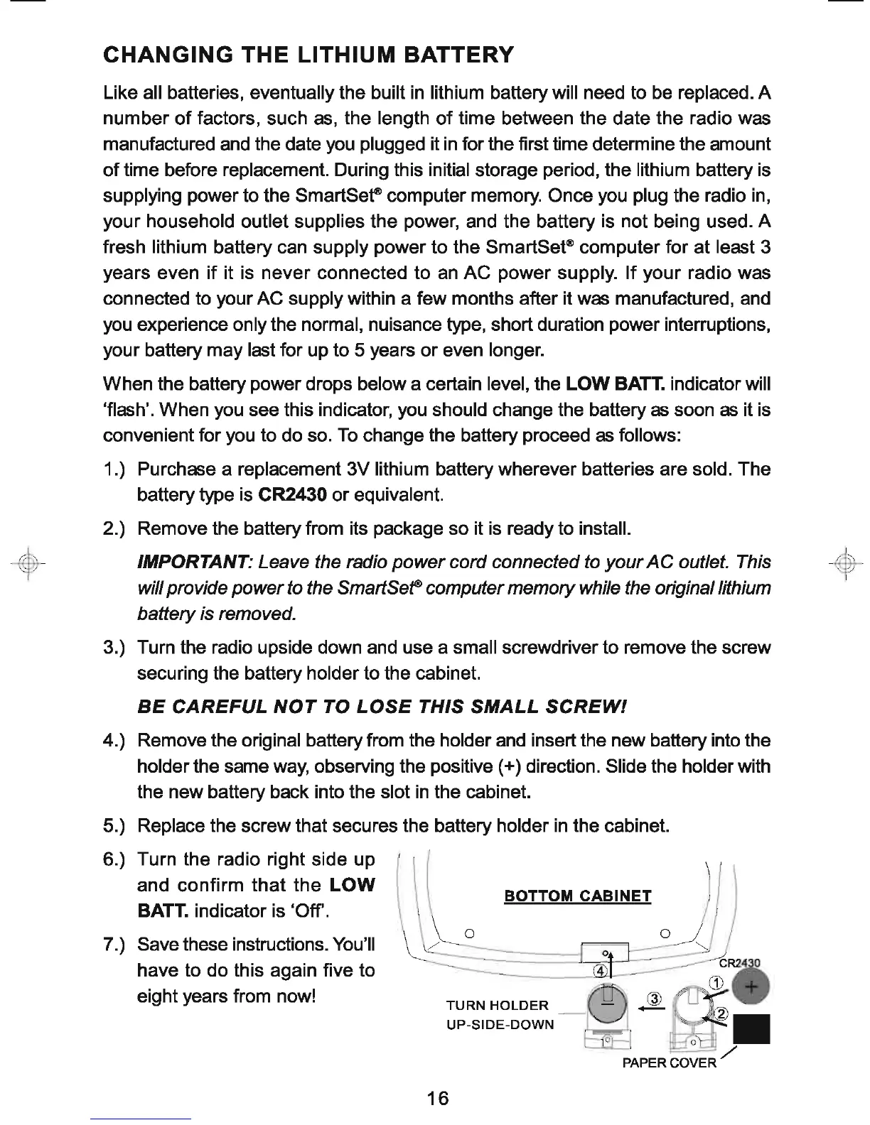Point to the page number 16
pos(439,1098)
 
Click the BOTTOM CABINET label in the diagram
pos(577,896)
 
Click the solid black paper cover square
pos(752,1029)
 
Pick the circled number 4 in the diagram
pos(601,971)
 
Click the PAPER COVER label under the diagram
pos(670,1062)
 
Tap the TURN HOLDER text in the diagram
pos(497,1006)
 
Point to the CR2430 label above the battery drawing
pos(740,963)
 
